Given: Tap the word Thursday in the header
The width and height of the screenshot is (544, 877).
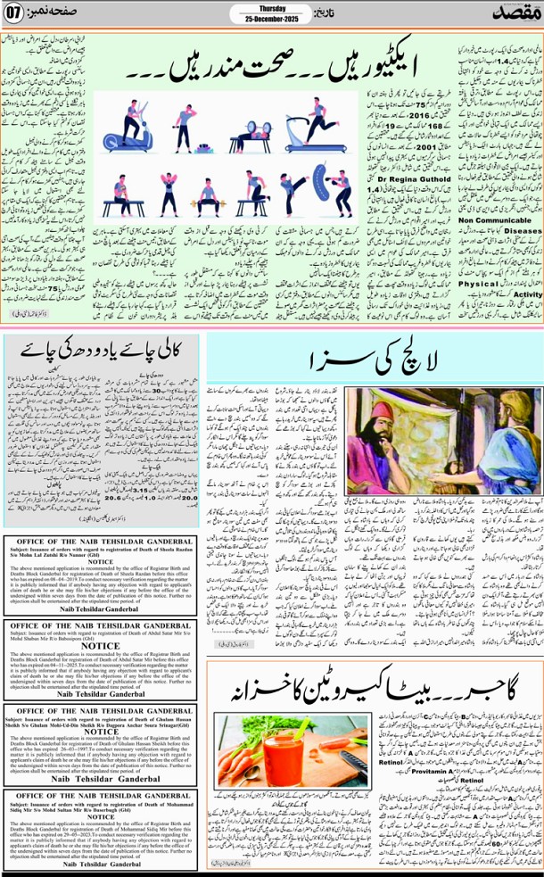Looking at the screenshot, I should pyautogui.click(x=256, y=10).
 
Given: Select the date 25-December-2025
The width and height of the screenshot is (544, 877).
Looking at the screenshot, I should pyautogui.click(x=256, y=20).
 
